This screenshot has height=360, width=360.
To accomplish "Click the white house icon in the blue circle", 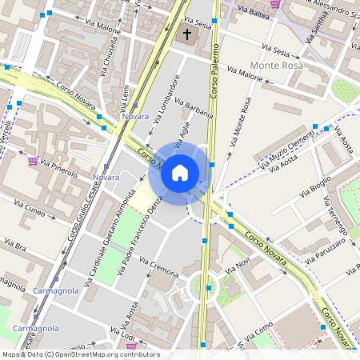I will click(180, 171).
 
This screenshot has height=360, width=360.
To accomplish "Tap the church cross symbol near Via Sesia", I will click(188, 34).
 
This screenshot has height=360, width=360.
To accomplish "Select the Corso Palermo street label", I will click(214, 72).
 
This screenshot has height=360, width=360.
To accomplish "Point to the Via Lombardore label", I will click(166, 97).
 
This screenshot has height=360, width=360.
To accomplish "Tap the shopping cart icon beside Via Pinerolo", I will click(33, 161).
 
